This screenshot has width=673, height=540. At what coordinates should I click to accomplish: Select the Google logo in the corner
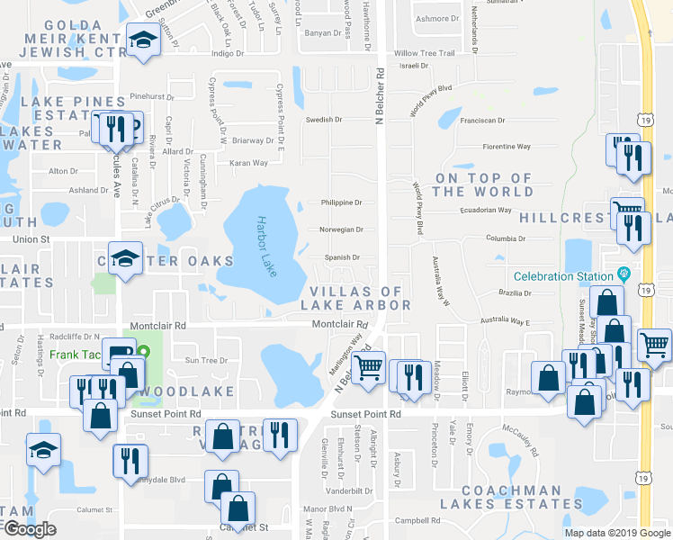pos(30,529)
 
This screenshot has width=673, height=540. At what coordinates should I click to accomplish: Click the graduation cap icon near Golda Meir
pos(142,40)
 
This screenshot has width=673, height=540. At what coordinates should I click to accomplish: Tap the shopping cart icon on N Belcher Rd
pos(367,366)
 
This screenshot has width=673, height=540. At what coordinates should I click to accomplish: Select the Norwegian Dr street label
pos(341,229)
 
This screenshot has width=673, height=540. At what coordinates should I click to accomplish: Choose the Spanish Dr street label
pos(342,257)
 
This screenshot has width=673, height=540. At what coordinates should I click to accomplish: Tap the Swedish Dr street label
pos(324,120)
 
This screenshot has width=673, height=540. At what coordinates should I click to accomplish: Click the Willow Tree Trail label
pos(424,53)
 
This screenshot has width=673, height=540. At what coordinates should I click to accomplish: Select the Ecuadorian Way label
pos(480,210)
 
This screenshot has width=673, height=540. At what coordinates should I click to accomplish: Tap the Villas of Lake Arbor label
pos(360,298)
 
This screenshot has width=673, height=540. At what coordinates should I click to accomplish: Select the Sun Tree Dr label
pos(206,360)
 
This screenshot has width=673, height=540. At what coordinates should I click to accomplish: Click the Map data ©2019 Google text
pos(617,533)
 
